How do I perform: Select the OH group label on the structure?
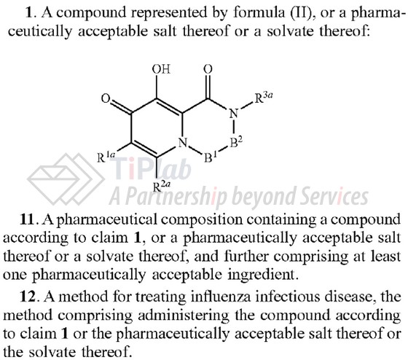coord(161,69)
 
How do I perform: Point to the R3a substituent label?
coord(263,98)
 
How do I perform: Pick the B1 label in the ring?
coord(211,157)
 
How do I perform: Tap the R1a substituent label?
coord(106,157)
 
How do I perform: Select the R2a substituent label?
coord(162,187)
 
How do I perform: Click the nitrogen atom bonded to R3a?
coord(234,114)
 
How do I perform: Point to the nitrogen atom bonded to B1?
coord(183,142)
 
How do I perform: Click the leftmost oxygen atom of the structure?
coord(106,98)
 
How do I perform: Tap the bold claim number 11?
coord(27,219)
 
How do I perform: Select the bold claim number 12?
coord(28,297)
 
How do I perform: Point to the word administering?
coord(184,316)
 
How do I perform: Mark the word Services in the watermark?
coord(334,196)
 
